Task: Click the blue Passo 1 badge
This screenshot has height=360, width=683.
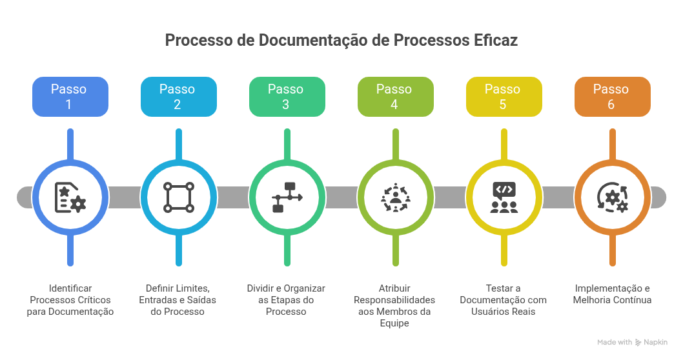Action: pyautogui.click(x=70, y=97)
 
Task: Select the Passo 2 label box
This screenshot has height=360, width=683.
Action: pyautogui.click(x=178, y=97)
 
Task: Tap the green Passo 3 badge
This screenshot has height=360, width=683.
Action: pyautogui.click(x=287, y=97)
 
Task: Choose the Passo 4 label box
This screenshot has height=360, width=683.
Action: pyautogui.click(x=395, y=97)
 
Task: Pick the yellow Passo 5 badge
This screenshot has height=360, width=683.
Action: pyautogui.click(x=504, y=97)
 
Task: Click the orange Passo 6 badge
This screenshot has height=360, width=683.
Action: pyautogui.click(x=612, y=97)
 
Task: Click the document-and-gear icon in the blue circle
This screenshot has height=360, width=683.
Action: pyautogui.click(x=70, y=197)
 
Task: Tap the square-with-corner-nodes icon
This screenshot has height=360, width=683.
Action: pyautogui.click(x=179, y=197)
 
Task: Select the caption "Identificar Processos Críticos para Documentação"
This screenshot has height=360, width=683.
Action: pyautogui.click(x=70, y=300)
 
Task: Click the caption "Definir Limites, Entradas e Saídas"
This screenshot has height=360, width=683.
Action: pyautogui.click(x=178, y=300)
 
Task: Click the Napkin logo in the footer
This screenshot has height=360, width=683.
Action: pyautogui.click(x=651, y=343)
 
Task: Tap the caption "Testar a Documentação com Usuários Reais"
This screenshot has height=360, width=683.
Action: pyautogui.click(x=504, y=300)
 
